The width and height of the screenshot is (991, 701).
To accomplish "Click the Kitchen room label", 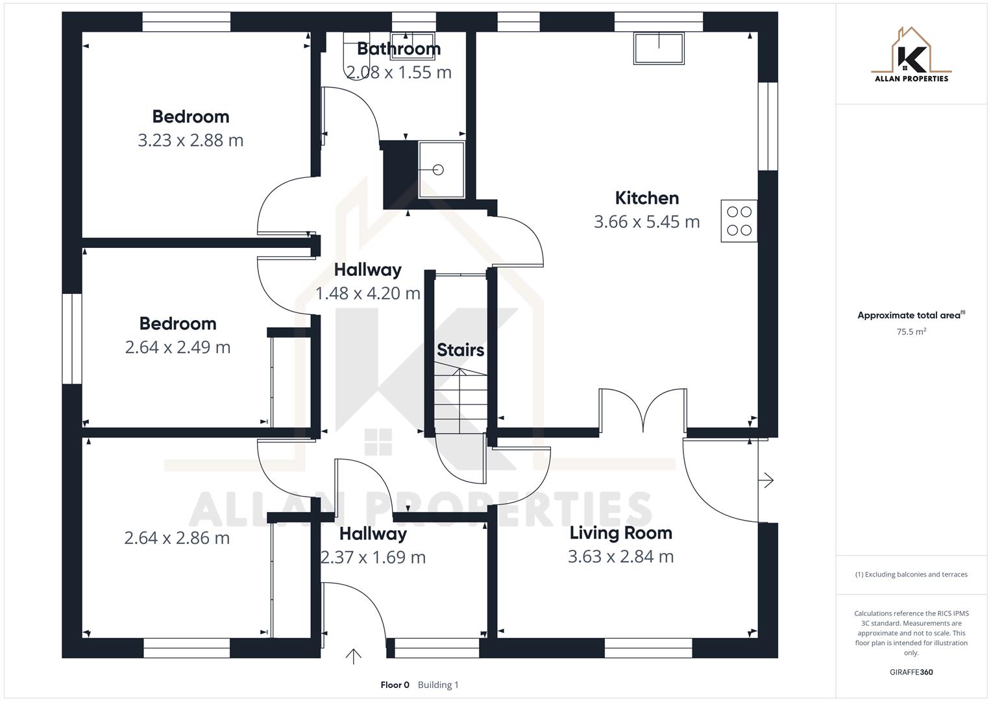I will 646,198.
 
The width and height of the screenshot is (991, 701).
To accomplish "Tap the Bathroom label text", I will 398,49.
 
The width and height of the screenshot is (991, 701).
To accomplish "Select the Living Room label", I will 620,533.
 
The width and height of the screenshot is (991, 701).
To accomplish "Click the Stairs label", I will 460,350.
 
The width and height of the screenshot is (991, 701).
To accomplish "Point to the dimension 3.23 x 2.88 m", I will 190,140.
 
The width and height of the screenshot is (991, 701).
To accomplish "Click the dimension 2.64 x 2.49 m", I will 177,347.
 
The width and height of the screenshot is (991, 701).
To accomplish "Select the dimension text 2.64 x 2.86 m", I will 177,538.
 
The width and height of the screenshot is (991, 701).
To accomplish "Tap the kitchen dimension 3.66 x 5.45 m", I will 646,222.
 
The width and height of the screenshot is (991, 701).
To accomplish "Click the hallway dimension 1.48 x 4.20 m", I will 367,293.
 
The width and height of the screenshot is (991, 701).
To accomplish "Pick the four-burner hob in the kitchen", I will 739,221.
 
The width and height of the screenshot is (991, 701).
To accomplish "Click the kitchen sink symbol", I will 659,48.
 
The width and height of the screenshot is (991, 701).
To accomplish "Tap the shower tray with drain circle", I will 441,169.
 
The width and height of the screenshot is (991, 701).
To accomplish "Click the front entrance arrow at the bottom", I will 353,656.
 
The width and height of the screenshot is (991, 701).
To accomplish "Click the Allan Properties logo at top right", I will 911,55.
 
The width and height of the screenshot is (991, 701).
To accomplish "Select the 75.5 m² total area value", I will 911,332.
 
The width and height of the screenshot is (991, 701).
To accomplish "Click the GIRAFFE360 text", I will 911,672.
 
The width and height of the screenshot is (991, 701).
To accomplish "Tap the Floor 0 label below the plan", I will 395,685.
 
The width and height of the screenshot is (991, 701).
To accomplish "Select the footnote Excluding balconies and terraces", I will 911,574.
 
